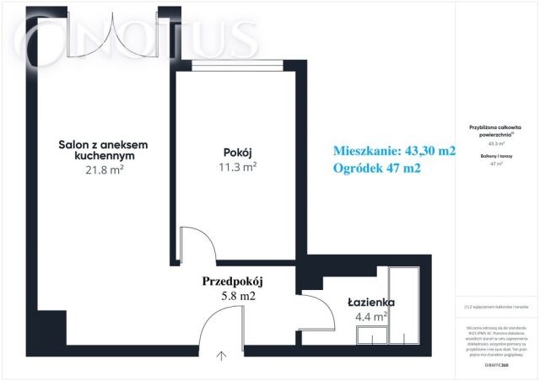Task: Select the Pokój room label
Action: [x=239, y=152]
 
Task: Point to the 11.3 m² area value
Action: [x=239, y=167]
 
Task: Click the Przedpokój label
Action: [x=234, y=282]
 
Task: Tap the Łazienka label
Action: [x=371, y=302]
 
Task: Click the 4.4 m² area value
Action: [x=370, y=318]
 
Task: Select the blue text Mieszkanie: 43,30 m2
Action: [x=395, y=151]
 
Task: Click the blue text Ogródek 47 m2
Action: [x=377, y=169]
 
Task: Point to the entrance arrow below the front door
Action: [x=222, y=356]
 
